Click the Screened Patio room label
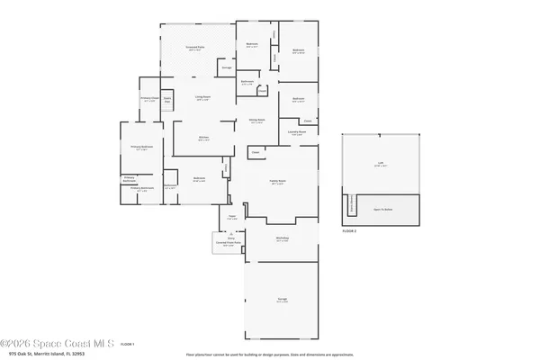pyautogui.click(x=193, y=49)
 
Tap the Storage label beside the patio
pyautogui.click(x=228, y=67)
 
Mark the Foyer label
pyautogui.click(x=231, y=216)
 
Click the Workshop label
pyautogui.click(x=282, y=239)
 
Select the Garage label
pyautogui.click(x=282, y=300)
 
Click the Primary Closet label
pyautogui.click(x=149, y=99)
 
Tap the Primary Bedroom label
pyautogui.click(x=140, y=148)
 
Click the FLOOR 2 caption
pyautogui.click(x=350, y=231)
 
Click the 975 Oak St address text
pyautogui.click(x=40, y=355)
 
